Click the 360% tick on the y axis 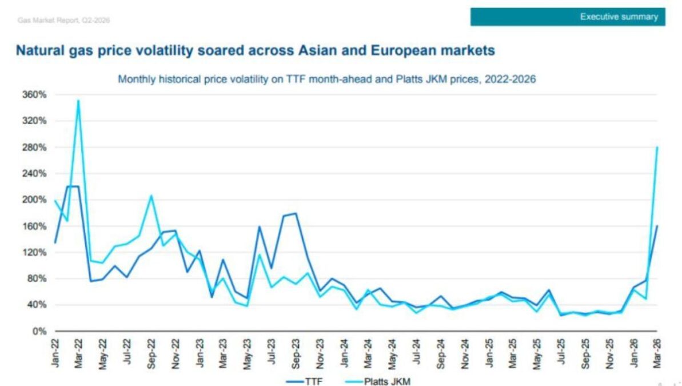pos(34,94)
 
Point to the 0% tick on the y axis pos(38,331)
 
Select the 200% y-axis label pos(34,200)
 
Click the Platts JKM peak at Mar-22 pos(78,100)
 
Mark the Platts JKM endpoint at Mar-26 pos(657,147)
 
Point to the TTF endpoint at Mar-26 pos(657,226)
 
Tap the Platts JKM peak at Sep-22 pos(151,196)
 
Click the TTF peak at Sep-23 pos(296,213)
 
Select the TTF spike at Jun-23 pos(260,226)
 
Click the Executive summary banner pos(568,17)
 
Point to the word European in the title pos(396,51)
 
